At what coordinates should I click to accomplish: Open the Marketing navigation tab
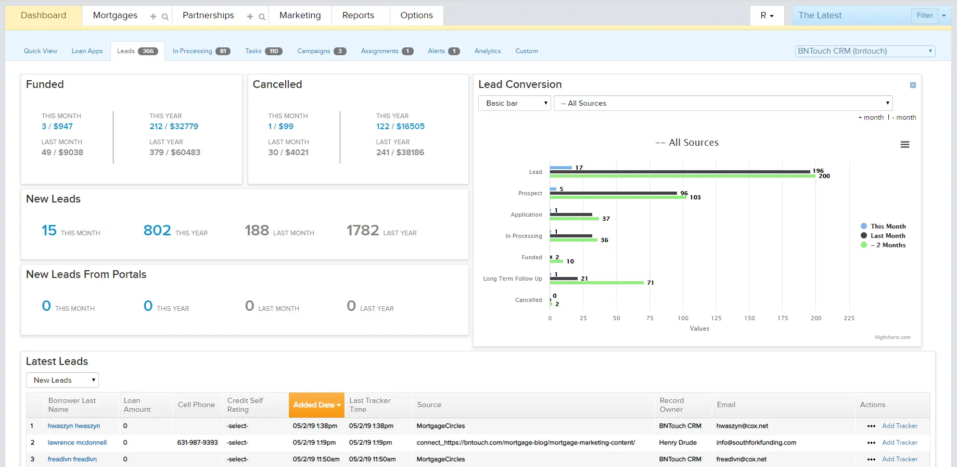pyautogui.click(x=300, y=15)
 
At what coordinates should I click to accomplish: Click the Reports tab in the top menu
pyautogui.click(x=358, y=15)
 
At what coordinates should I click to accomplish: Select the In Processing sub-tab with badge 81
pyautogui.click(x=201, y=51)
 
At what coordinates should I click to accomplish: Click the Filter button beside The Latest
pyautogui.click(x=924, y=16)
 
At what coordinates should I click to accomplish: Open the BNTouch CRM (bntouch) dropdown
pyautogui.click(x=865, y=51)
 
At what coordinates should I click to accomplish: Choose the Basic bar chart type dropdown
pyautogui.click(x=514, y=103)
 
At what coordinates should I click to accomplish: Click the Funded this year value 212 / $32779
pyautogui.click(x=174, y=126)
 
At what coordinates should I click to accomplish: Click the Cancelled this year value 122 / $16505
pyautogui.click(x=400, y=126)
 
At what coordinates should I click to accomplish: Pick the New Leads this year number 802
pyautogui.click(x=157, y=230)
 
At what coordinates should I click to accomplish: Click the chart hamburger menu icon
pyautogui.click(x=905, y=145)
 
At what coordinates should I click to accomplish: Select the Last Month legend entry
pyautogui.click(x=888, y=236)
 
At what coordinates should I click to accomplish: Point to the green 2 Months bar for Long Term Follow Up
pyautogui.click(x=596, y=283)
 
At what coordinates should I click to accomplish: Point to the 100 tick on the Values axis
pyautogui.click(x=683, y=318)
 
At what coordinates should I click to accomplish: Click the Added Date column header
pyautogui.click(x=316, y=405)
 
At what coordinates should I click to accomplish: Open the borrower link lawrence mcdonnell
pyautogui.click(x=77, y=443)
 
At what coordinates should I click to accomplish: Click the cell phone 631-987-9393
pyautogui.click(x=197, y=443)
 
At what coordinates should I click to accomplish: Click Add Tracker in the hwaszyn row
pyautogui.click(x=900, y=426)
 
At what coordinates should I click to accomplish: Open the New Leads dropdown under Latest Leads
pyautogui.click(x=62, y=380)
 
